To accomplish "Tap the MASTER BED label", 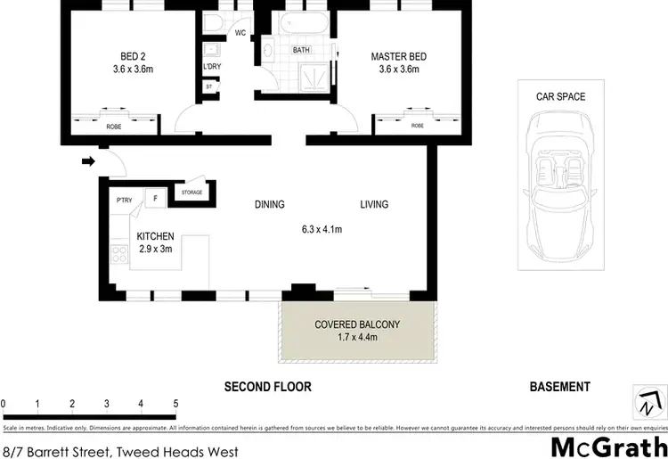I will (x=399, y=57).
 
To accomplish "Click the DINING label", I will (x=270, y=204).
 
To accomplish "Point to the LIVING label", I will (x=374, y=204).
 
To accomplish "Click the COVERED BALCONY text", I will (x=357, y=324).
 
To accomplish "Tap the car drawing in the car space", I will (x=560, y=184).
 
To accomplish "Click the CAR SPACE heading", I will (x=560, y=96).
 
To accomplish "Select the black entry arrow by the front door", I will (x=87, y=162).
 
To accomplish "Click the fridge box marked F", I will (x=155, y=199).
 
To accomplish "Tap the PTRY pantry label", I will (x=124, y=200).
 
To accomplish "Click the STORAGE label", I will (x=191, y=193).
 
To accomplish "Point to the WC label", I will (x=240, y=33).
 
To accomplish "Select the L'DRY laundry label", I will (x=212, y=66).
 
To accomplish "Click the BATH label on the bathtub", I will (x=302, y=50).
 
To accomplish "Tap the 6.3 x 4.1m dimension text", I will (x=322, y=230).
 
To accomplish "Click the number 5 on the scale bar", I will (x=176, y=404).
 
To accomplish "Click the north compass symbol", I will (x=648, y=401).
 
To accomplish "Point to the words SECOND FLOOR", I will (x=267, y=387).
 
